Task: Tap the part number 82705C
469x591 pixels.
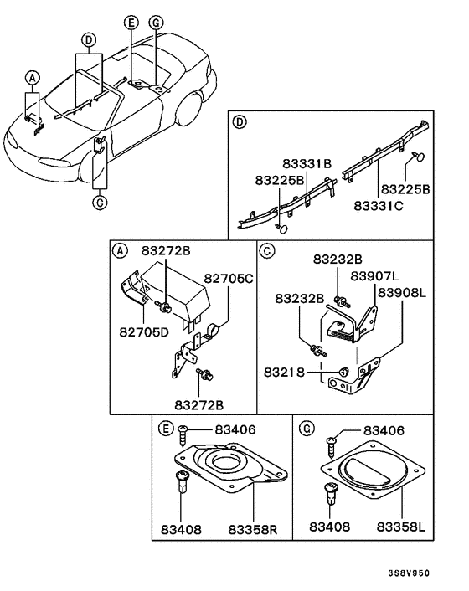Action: (229, 277)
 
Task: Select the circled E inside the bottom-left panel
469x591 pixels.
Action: (167, 429)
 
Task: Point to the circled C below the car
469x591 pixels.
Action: (99, 202)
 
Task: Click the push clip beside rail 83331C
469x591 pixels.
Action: (418, 157)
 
